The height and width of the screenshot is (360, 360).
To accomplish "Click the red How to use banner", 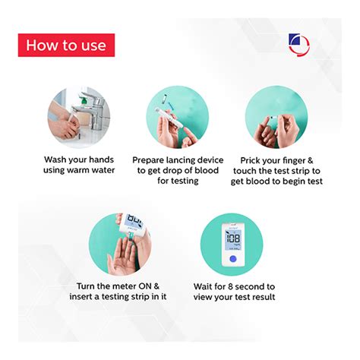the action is tap(66, 45).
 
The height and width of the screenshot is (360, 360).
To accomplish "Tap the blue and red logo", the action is tap(298, 45).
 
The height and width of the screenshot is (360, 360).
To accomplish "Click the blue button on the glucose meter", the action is tap(232, 259).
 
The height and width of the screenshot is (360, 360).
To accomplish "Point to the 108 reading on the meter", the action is tap(233, 238).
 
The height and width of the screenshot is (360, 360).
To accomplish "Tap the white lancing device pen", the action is tap(166, 118).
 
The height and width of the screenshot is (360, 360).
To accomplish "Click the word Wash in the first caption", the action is tap(55, 159).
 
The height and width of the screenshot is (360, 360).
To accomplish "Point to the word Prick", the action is tap(250, 160).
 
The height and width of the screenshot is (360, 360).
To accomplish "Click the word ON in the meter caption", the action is tap(145, 286).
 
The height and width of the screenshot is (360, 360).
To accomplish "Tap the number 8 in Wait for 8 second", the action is tap(230, 286).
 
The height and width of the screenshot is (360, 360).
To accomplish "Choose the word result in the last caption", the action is tap(264, 297).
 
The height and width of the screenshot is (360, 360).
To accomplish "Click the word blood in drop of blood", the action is tap(207, 170).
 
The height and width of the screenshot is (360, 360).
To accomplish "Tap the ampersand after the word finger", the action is tap(311, 160).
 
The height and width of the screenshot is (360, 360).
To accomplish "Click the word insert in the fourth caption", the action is tap(81, 296).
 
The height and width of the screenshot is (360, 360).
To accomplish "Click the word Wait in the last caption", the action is tap(202, 286).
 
